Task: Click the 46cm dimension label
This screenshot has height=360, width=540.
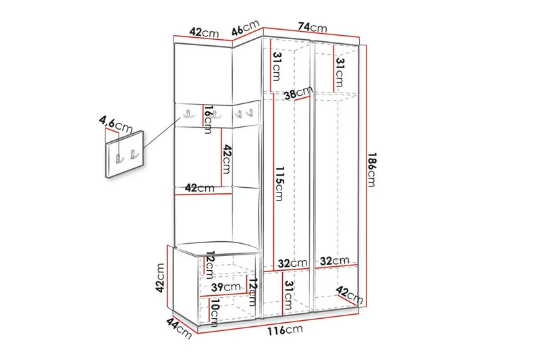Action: click(x=246, y=29)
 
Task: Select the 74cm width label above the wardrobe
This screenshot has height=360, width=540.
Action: click(x=313, y=27)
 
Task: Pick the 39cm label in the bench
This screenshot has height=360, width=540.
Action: click(x=224, y=287)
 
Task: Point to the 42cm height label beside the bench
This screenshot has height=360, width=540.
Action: click(x=160, y=278)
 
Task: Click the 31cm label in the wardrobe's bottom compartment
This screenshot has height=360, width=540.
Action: click(x=289, y=292)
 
